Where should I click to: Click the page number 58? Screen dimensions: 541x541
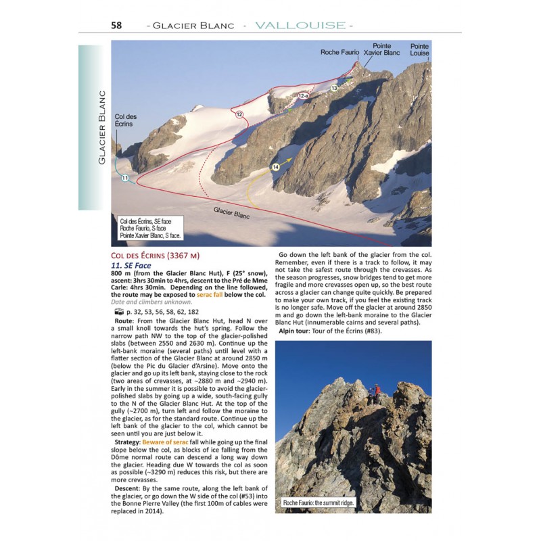[117, 26]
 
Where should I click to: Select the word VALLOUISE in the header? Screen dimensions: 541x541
[300, 26]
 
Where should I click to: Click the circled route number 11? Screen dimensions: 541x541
[125, 178]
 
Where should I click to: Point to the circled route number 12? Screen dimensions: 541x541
[239, 115]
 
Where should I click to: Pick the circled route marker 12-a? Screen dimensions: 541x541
[303, 97]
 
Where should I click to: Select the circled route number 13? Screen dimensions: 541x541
[334, 88]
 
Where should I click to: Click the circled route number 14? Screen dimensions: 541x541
[275, 166]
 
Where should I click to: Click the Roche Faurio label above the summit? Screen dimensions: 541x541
[339, 52]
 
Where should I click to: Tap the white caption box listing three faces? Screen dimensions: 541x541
[150, 229]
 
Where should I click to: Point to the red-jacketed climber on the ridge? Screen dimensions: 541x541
[377, 391]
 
